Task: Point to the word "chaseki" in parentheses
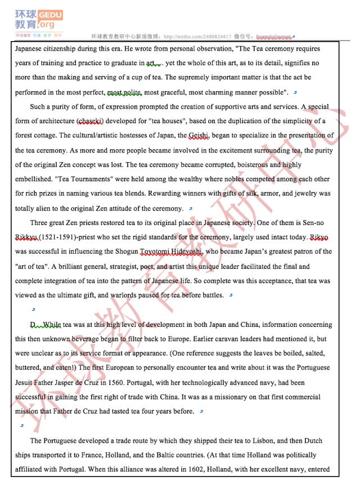(x=90, y=121)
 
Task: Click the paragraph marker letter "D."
(x=34, y=325)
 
